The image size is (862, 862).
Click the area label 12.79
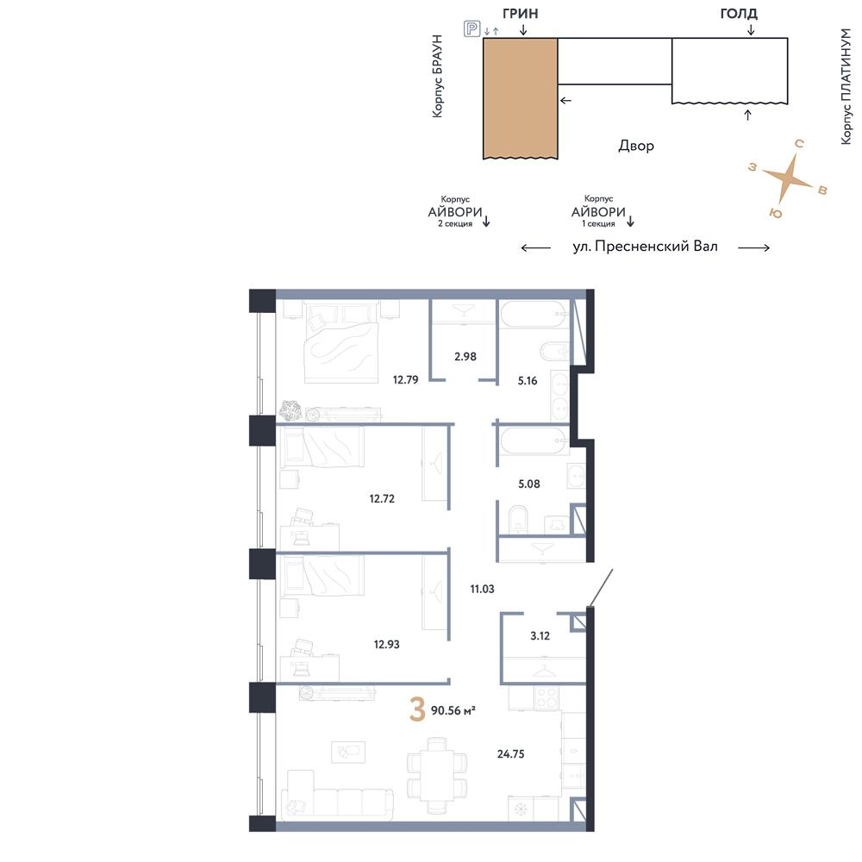click(405, 379)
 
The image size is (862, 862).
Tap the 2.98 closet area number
click(465, 356)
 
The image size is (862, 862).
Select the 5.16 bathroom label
click(528, 380)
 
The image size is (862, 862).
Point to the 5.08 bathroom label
click(529, 484)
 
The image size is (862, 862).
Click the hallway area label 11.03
click(482, 589)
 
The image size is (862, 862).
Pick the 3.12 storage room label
click(540, 635)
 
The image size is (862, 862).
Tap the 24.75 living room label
click(510, 753)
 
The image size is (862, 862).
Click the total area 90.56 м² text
click(453, 710)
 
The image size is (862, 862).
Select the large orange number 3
click(418, 709)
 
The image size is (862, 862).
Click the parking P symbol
click(472, 28)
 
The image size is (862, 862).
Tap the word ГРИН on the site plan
click(520, 13)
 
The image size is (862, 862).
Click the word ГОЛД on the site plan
click(739, 13)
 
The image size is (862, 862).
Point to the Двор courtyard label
click(636, 146)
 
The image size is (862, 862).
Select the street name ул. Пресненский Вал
click(646, 247)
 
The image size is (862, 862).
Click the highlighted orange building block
click(521, 98)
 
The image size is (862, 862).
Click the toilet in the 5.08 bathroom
click(518, 519)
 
